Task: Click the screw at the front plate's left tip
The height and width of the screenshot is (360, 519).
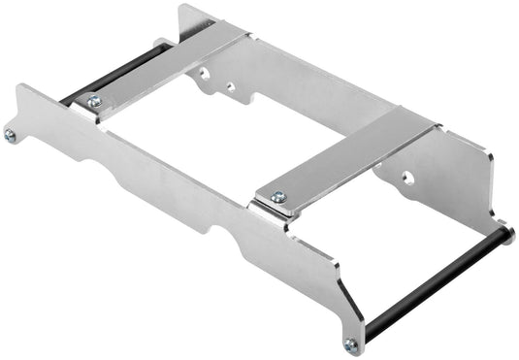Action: pyautogui.click(x=11, y=135)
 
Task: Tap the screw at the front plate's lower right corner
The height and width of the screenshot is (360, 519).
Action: pyautogui.click(x=350, y=343)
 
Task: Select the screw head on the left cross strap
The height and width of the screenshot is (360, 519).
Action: pyautogui.click(x=94, y=101)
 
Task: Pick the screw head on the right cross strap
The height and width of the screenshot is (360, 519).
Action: pyautogui.click(x=278, y=197)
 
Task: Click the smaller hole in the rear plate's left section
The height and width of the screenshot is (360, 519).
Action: pyautogui.click(x=230, y=86)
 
